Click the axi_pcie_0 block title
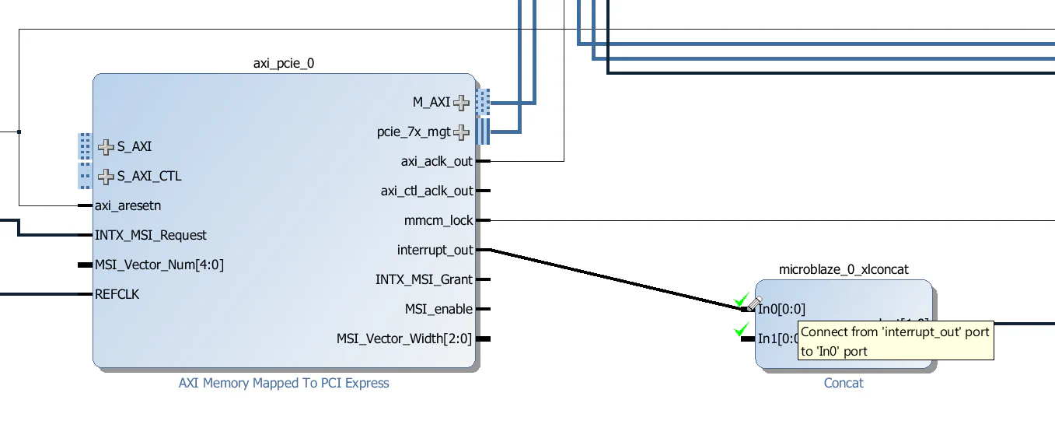click(284, 63)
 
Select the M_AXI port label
click(431, 102)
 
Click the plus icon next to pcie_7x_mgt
click(462, 132)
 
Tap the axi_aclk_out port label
click(436, 161)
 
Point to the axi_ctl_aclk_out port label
click(426, 191)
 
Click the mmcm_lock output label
click(438, 220)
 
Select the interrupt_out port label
click(435, 250)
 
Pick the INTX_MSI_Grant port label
click(424, 279)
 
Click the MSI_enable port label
click(438, 309)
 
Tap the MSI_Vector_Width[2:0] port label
click(403, 339)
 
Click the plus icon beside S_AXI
click(107, 146)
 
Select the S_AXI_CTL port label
click(149, 176)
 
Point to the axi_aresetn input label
click(128, 206)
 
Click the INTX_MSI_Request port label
click(150, 235)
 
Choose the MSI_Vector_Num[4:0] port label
click(159, 265)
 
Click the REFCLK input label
click(117, 294)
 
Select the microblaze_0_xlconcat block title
click(844, 269)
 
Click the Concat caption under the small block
click(844, 383)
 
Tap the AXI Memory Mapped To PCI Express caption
click(284, 383)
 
